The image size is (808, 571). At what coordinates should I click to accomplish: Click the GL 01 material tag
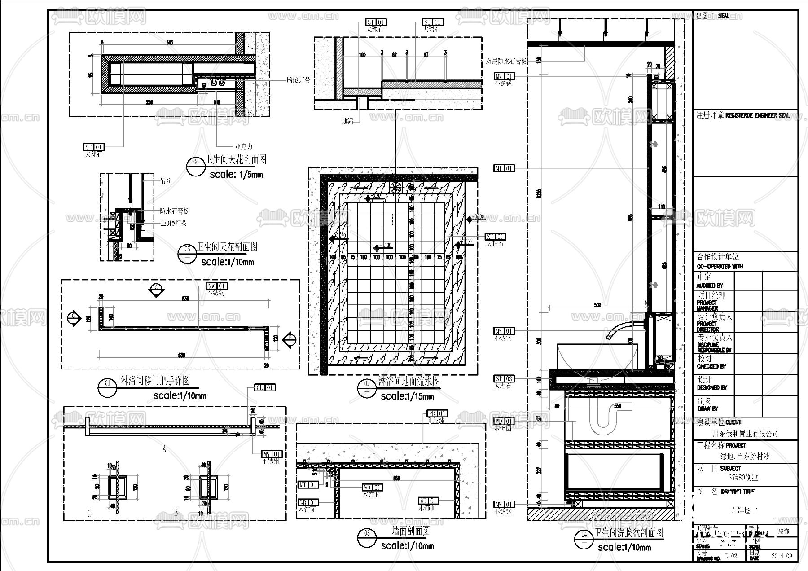tap(265, 387)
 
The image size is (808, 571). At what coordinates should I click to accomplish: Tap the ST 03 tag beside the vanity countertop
tap(504, 378)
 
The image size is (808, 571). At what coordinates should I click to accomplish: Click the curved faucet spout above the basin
tap(622, 328)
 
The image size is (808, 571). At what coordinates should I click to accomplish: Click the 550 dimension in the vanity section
tap(617, 406)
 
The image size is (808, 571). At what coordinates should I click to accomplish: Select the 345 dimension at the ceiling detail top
tap(169, 43)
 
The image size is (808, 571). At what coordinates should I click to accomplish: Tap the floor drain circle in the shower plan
tap(395, 188)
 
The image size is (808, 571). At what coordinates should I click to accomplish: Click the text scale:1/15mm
tap(407, 396)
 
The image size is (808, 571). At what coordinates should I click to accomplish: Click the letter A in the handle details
tap(164, 449)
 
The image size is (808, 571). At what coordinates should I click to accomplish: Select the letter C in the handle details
tap(89, 513)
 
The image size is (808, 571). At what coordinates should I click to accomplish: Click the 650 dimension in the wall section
tap(396, 479)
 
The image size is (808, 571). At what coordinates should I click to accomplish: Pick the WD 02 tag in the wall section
tap(372, 488)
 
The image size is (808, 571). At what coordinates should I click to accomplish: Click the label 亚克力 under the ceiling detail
tap(244, 146)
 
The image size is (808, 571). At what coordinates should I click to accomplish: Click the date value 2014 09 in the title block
tap(782, 556)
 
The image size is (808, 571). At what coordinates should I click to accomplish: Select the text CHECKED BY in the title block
tap(711, 366)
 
